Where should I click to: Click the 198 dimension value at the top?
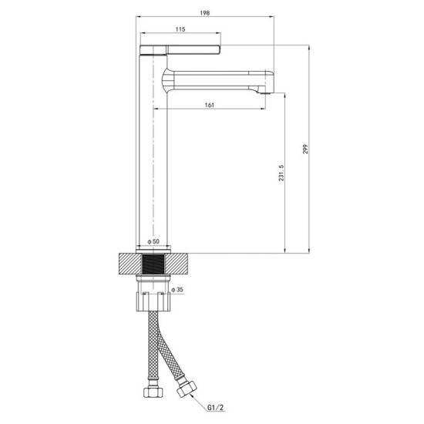click(x=206, y=13)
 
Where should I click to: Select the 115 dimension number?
click(x=180, y=30)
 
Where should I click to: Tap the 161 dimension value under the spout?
click(x=209, y=104)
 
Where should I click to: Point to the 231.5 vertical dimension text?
click(x=282, y=177)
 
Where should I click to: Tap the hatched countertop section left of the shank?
click(x=127, y=264)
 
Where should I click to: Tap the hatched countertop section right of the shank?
click(x=180, y=264)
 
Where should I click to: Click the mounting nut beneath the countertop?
click(x=154, y=294)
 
